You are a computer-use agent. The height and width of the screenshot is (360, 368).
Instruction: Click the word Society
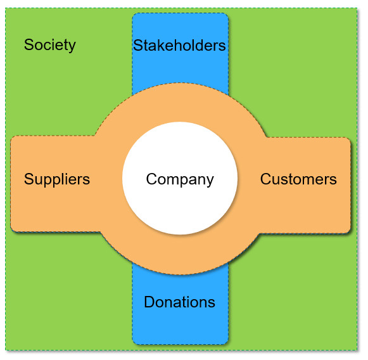[50, 45]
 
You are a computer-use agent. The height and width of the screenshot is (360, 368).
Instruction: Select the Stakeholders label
[179, 45]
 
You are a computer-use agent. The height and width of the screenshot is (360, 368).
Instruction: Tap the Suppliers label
[57, 179]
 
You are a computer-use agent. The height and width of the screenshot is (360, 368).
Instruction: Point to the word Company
[180, 179]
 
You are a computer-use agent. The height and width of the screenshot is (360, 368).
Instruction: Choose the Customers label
[298, 179]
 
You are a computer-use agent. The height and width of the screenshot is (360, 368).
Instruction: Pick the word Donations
[179, 302]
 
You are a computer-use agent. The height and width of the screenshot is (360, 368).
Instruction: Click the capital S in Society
[29, 44]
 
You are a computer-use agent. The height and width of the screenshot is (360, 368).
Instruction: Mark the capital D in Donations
[149, 302]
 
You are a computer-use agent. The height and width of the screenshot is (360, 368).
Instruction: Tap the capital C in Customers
[266, 179]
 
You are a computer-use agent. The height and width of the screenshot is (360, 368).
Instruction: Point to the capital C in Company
[152, 179]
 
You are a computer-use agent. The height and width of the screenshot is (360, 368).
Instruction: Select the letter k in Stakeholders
[160, 45]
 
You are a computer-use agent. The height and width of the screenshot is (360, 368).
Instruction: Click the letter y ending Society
[72, 46]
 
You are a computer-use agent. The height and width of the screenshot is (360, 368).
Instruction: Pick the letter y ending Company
[210, 181]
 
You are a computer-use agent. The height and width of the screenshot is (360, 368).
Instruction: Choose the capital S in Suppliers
[29, 179]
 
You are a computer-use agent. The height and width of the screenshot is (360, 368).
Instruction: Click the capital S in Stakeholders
[139, 45]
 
